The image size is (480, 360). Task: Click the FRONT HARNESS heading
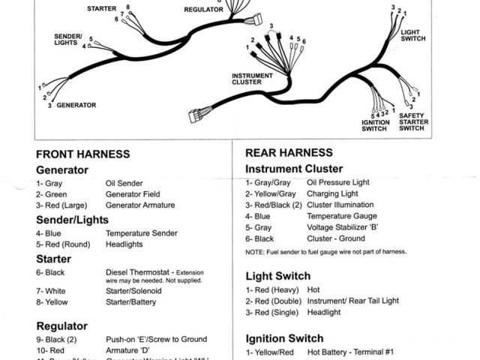pyautogui.click(x=82, y=154)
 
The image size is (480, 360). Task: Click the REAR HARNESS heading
pyautogui.click(x=289, y=152)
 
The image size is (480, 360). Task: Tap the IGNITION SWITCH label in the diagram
pyautogui.click(x=376, y=124)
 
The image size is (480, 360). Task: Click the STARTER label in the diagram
pyautogui.click(x=101, y=9)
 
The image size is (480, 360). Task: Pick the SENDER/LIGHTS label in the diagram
pyautogui.click(x=67, y=39)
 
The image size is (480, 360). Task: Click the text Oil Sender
pyautogui.click(x=124, y=183)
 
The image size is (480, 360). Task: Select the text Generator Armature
pyautogui.click(x=140, y=205)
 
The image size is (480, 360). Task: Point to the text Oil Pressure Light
pyautogui.click(x=338, y=182)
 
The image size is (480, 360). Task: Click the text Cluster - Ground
pyautogui.click(x=334, y=238)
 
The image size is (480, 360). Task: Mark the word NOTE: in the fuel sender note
pyautogui.click(x=255, y=252)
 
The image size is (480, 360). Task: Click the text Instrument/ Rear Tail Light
pyautogui.click(x=352, y=301)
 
